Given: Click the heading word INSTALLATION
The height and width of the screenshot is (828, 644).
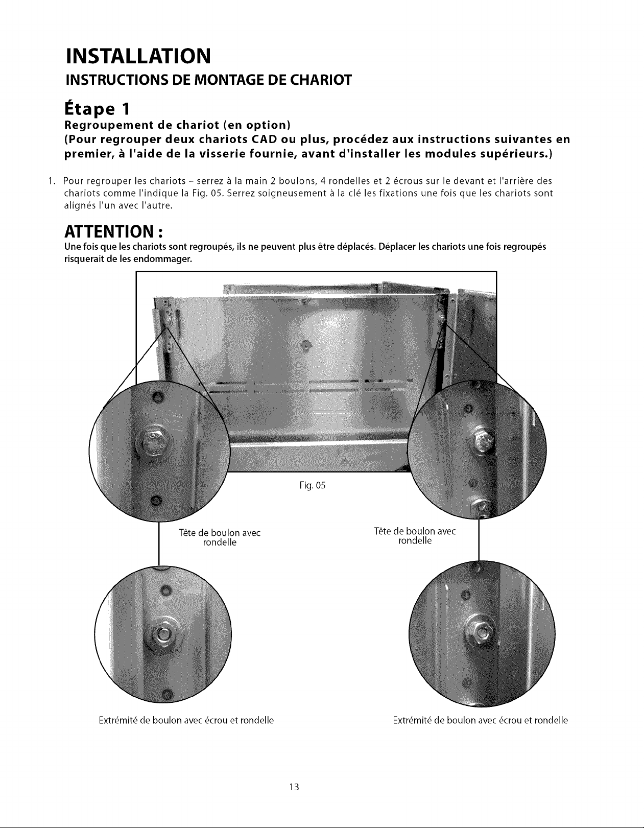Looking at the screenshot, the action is (x=138, y=56).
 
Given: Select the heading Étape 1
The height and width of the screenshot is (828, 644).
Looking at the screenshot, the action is (x=98, y=109).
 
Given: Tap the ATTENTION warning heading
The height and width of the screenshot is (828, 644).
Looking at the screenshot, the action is (x=113, y=231).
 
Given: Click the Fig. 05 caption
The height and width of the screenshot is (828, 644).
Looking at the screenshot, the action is (x=313, y=485).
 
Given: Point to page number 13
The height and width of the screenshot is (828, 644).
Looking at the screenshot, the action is (x=294, y=787).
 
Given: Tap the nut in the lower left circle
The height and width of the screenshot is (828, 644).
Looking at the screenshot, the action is (x=163, y=634).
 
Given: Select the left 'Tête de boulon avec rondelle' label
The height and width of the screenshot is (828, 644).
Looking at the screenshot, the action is (x=220, y=537).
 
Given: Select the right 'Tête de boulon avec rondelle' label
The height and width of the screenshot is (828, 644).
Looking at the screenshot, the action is (x=415, y=536).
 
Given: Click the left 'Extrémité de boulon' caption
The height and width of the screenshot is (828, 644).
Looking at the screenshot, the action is (x=186, y=721).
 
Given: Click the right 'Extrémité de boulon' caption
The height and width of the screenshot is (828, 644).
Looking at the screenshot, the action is (x=480, y=721).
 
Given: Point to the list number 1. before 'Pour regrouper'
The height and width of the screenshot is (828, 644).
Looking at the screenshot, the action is (x=52, y=181).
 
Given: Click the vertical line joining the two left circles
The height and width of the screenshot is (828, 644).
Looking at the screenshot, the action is (x=159, y=544).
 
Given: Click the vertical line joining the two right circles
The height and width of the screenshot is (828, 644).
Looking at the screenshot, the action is (x=479, y=539).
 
